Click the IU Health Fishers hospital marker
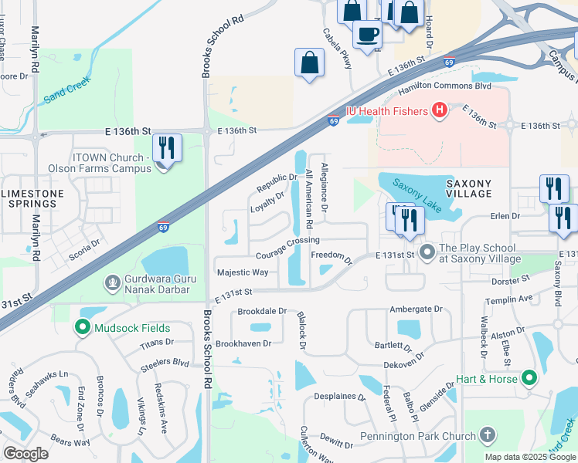(440, 111)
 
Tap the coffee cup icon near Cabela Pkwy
(367, 35)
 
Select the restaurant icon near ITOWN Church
(166, 147)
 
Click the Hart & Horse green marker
(529, 378)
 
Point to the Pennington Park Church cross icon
(486, 436)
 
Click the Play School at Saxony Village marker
(427, 252)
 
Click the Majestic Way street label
(243, 272)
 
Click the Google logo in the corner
(25, 453)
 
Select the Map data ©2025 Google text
(529, 457)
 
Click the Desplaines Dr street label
(339, 397)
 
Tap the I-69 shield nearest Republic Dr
(333, 120)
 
